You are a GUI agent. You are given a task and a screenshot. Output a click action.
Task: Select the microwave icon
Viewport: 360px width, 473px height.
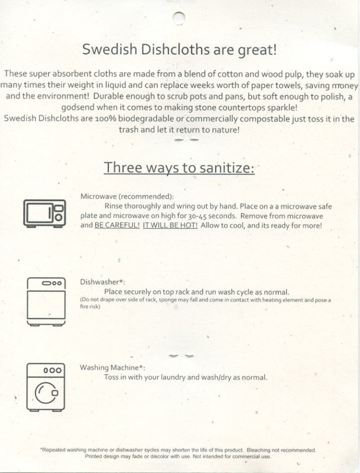pyautogui.click(x=44, y=212)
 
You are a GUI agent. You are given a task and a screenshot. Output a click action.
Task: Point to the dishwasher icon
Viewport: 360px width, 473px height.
pyautogui.click(x=46, y=301)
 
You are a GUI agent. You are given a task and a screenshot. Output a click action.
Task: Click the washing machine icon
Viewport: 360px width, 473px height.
pyautogui.click(x=46, y=387)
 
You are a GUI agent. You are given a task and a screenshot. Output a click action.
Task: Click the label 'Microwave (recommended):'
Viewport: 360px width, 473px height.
pyautogui.click(x=127, y=196)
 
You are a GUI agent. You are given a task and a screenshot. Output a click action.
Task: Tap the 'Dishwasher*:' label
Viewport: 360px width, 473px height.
pyautogui.click(x=102, y=282)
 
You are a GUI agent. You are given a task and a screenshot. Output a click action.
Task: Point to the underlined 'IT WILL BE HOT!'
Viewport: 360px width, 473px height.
pyautogui.click(x=170, y=225)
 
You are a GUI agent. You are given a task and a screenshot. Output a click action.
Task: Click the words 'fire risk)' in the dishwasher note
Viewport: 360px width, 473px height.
pyautogui.click(x=90, y=306)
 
